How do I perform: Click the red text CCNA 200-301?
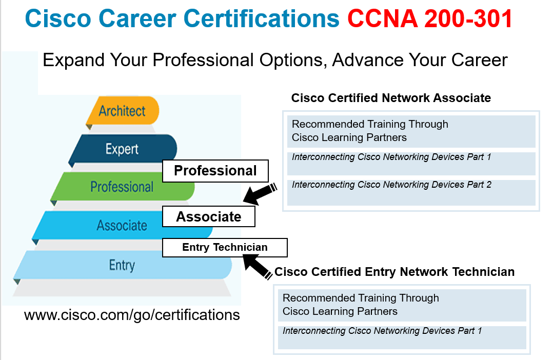click(430, 20)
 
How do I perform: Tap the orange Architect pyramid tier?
click(122, 111)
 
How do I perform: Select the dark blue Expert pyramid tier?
click(122, 149)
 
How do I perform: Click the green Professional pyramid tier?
click(122, 187)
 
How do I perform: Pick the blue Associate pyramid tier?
click(122, 225)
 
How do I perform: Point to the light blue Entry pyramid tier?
click(122, 265)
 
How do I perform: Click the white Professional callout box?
click(215, 171)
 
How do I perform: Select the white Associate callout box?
click(209, 216)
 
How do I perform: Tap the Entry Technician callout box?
click(225, 248)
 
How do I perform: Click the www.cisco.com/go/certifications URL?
click(132, 314)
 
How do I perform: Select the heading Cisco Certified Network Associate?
click(391, 98)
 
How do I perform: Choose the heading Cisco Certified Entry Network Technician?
click(394, 272)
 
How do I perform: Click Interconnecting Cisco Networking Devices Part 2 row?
click(411, 192)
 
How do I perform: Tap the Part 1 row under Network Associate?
click(411, 163)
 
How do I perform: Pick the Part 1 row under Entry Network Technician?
click(402, 337)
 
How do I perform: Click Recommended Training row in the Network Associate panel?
click(411, 131)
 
